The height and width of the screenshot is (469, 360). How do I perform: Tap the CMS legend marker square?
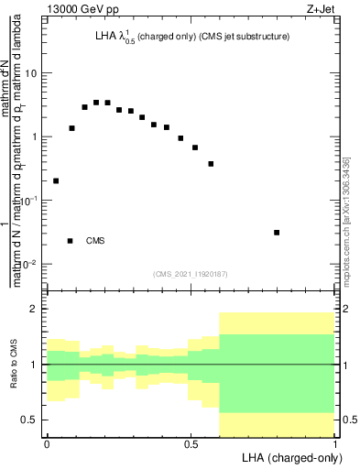tap(71, 241)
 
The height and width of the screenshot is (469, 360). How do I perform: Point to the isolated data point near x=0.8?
tap(277, 233)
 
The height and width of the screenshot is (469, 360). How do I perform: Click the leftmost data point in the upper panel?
tap(56, 180)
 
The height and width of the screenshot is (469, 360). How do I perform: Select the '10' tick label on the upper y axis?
tap(31, 73)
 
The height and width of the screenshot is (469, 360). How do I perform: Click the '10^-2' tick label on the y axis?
tap(29, 264)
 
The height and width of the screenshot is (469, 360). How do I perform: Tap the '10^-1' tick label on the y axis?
tap(29, 201)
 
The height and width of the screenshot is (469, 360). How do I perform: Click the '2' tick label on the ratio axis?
tap(34, 310)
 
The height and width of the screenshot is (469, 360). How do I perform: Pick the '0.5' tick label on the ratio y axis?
tap(28, 420)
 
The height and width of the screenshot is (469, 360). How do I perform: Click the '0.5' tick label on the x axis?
tap(191, 444)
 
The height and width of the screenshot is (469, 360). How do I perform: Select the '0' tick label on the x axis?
tap(47, 444)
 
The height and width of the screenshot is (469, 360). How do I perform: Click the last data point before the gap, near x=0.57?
tap(212, 164)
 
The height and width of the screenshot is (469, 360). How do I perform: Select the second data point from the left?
tap(72, 128)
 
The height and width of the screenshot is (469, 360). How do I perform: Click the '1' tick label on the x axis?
tap(334, 444)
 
